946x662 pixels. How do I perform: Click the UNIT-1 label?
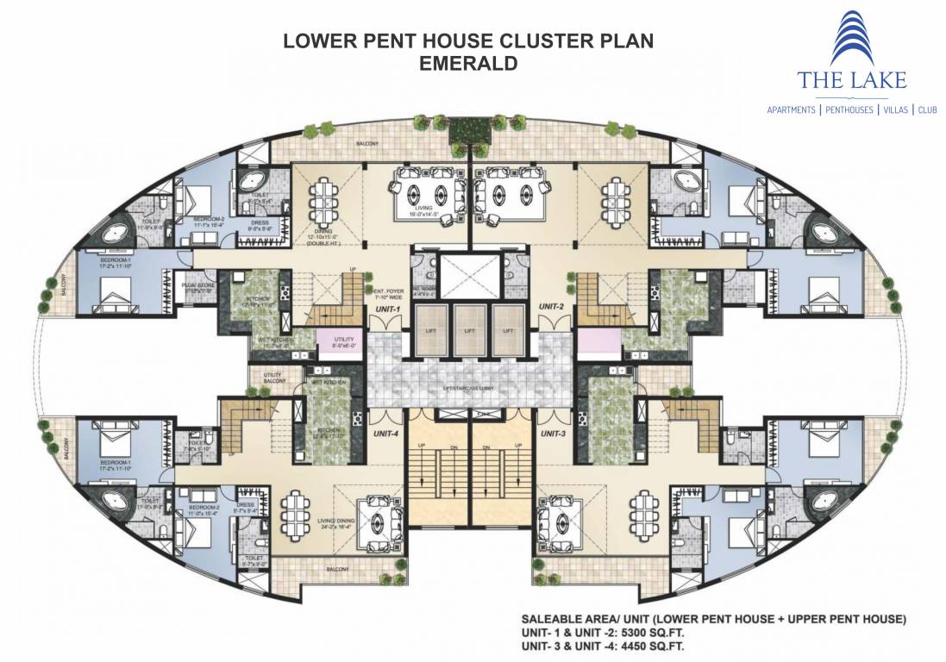coord(387,308)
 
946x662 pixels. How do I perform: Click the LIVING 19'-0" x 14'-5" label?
coord(423,209)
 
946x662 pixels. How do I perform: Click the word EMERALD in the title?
coord(469,63)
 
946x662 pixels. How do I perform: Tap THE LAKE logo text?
coord(852,82)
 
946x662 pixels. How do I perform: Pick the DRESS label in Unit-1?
coord(260,227)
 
